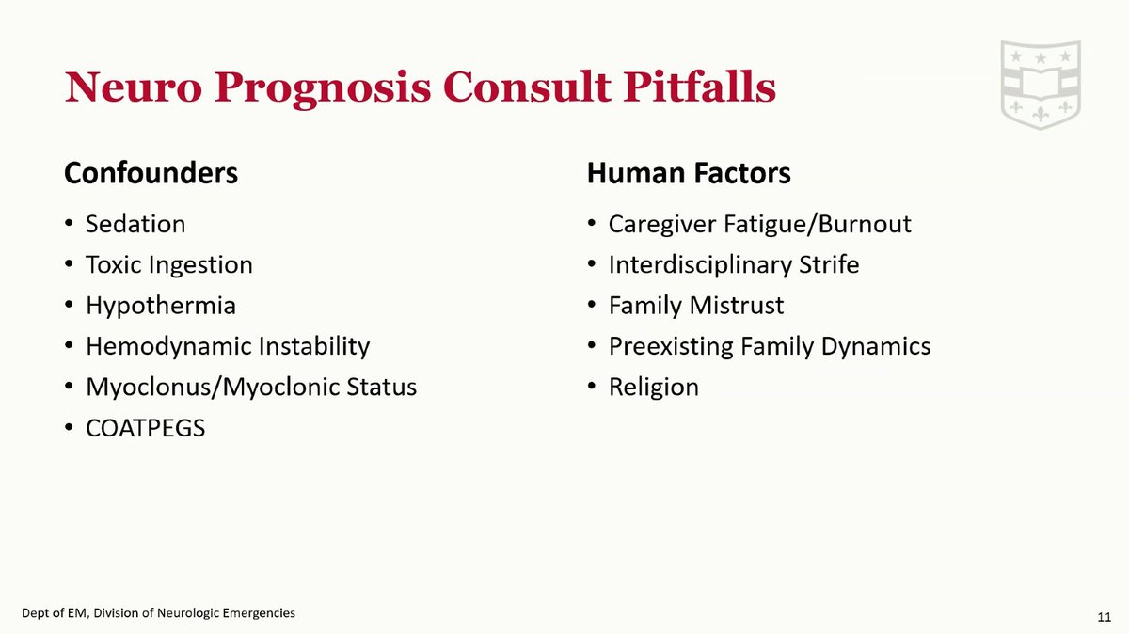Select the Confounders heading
(x=151, y=174)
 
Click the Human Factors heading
(x=689, y=174)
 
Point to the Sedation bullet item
(x=135, y=225)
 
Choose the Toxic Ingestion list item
(x=169, y=265)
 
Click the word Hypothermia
(x=160, y=306)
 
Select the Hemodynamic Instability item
(x=228, y=346)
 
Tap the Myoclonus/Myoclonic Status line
(x=251, y=387)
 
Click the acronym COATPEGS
(x=145, y=428)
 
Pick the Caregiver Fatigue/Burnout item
(x=760, y=225)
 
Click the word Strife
(x=828, y=265)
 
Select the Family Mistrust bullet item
(x=696, y=306)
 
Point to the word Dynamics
(x=875, y=346)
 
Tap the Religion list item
(x=654, y=387)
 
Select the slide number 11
(x=1105, y=616)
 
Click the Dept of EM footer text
(x=159, y=613)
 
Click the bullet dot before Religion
(x=591, y=388)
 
